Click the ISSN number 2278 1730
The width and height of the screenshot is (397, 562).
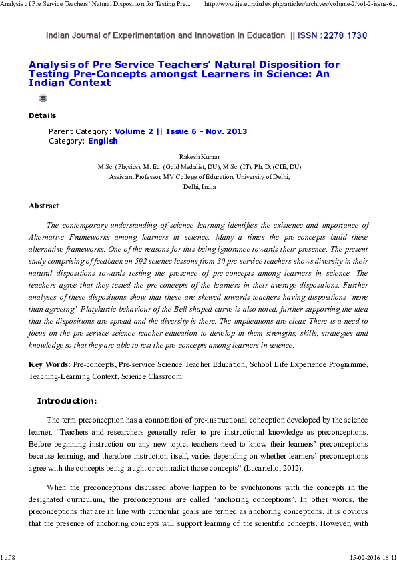tap(344, 35)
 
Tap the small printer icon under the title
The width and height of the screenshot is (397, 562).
tap(43, 98)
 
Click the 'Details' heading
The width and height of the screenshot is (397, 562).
tap(42, 115)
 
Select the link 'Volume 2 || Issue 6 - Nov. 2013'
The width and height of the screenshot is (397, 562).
tap(181, 131)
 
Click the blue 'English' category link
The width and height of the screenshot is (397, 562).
tap(103, 141)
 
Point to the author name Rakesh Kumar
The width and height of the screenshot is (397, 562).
tap(199, 157)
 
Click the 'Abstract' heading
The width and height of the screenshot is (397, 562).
tap(43, 206)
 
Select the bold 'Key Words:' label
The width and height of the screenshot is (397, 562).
tap(49, 365)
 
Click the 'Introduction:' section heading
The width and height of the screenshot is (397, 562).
tap(67, 401)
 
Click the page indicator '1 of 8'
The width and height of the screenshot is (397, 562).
tap(9, 556)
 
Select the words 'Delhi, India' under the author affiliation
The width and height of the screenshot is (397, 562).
tap(199, 187)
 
